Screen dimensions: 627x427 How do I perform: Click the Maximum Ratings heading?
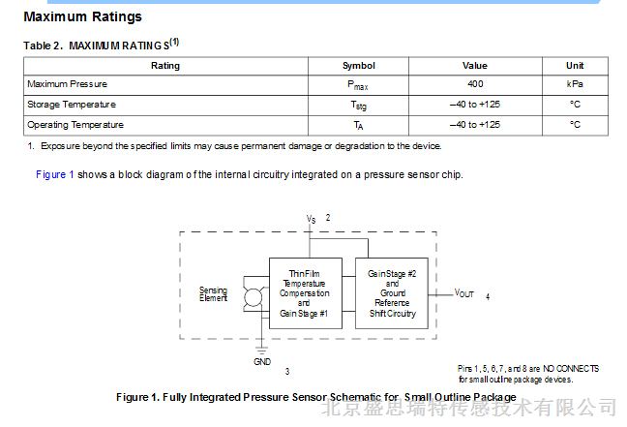tap(83, 16)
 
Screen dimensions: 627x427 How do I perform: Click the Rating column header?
tap(165, 66)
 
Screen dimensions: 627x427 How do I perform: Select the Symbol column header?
tap(359, 66)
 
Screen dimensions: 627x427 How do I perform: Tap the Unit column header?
tap(575, 66)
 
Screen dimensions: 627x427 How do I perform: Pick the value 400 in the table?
tap(475, 84)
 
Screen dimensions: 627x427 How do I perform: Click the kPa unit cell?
tap(575, 84)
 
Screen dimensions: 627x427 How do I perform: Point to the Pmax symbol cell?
tap(358, 85)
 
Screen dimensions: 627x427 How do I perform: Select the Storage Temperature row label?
tap(72, 105)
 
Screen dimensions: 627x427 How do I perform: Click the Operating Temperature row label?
tap(75, 125)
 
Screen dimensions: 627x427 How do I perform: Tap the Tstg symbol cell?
tap(359, 106)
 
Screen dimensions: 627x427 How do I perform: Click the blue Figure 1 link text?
tap(55, 174)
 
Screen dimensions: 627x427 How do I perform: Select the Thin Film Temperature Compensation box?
tap(306, 293)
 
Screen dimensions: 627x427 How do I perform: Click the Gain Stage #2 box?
tap(392, 293)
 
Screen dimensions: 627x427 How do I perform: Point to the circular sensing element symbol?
tap(253, 297)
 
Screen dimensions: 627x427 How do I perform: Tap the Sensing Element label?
tap(213, 294)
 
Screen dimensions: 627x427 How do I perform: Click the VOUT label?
tap(463, 293)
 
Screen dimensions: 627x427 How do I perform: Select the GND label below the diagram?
tap(262, 362)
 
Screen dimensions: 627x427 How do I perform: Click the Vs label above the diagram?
tap(312, 219)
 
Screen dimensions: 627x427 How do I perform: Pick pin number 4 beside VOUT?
tap(488, 296)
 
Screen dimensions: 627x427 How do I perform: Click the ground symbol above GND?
tap(261, 351)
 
